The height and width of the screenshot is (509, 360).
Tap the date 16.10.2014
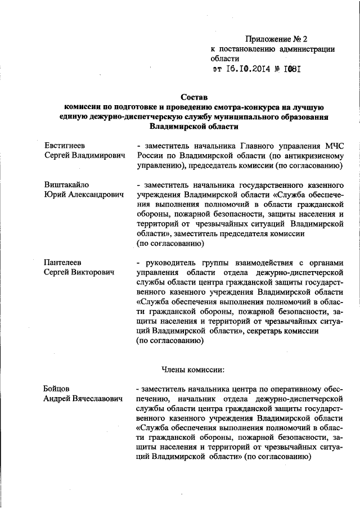(249, 70)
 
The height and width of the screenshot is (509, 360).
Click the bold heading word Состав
(195, 97)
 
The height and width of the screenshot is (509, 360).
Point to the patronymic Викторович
(91, 273)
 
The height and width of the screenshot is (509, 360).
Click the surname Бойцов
(59, 389)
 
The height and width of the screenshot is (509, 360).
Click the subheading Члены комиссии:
(193, 370)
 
